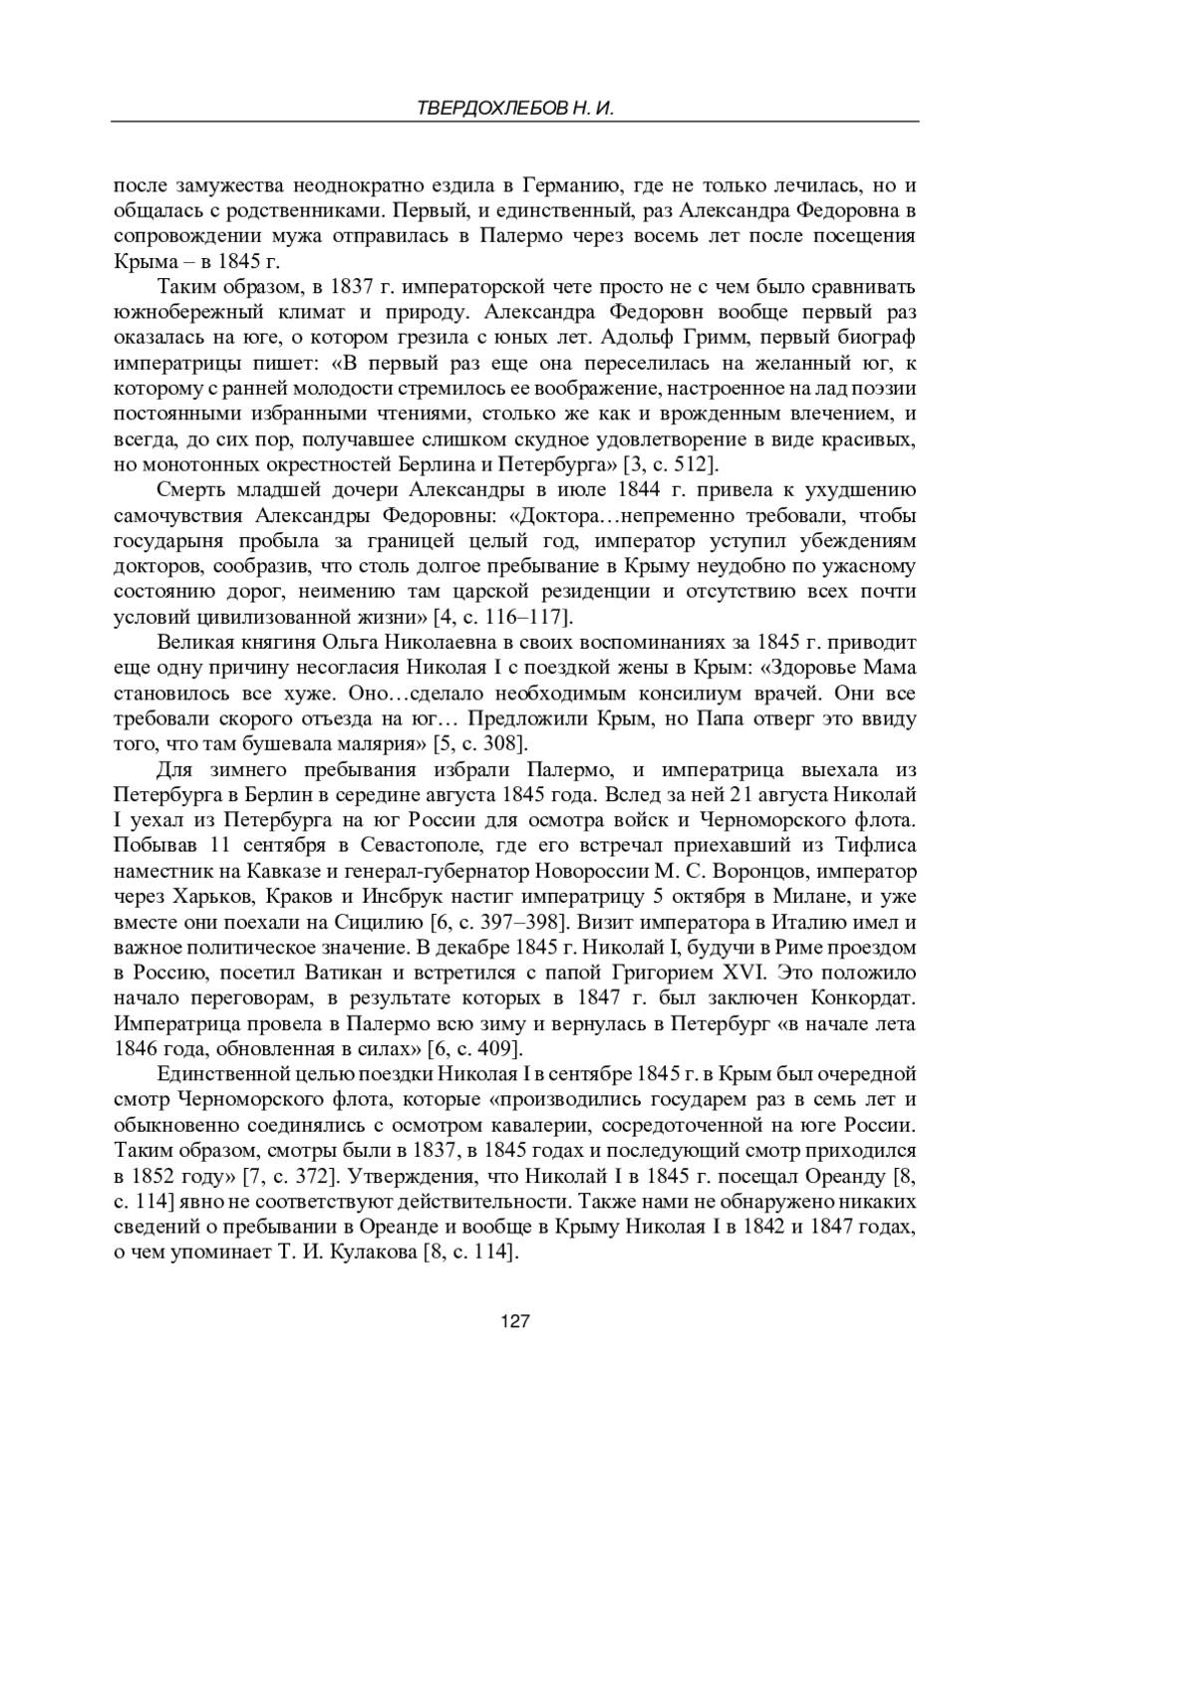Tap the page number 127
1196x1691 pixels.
(x=514, y=1321)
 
